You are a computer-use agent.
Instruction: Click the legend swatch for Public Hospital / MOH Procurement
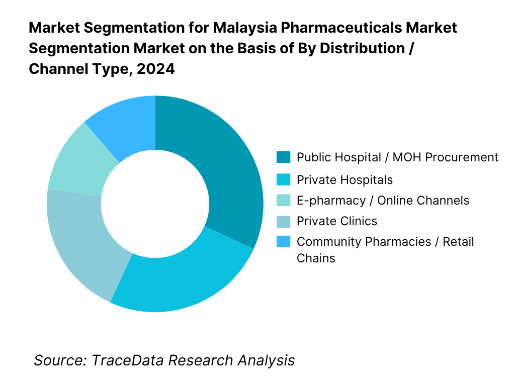coord(283,157)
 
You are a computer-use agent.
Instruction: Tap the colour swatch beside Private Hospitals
coord(283,179)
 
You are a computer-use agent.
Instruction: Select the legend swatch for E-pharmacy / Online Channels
coord(283,201)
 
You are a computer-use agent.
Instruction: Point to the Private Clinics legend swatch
coord(283,221)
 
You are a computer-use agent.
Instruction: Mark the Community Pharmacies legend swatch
coord(283,242)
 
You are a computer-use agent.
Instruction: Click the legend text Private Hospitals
coord(345,179)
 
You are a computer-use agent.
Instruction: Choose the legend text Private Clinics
coord(336,221)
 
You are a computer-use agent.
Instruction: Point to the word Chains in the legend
coord(316,258)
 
